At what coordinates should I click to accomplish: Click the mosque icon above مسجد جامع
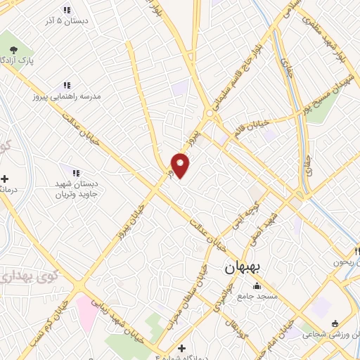pyautogui.click(x=257, y=285)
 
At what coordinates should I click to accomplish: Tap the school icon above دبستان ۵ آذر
pyautogui.click(x=67, y=10)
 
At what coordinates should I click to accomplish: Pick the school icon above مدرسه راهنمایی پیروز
pyautogui.click(x=67, y=84)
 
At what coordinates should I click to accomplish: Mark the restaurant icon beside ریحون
pyautogui.click(x=358, y=250)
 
